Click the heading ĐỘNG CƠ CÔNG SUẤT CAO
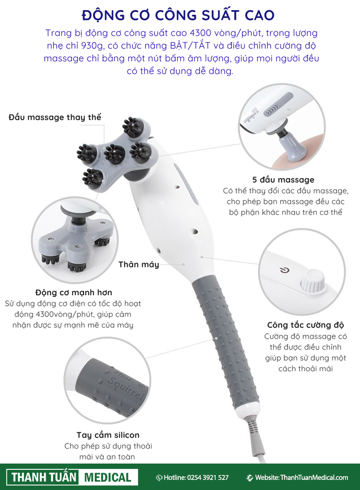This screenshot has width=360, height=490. click(178, 15)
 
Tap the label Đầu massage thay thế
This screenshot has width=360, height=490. click(55, 117)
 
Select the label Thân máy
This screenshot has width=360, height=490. click(139, 264)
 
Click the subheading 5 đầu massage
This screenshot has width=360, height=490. click(283, 180)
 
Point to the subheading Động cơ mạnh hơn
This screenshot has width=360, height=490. click(74, 292)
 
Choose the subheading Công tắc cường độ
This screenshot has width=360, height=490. click(305, 326)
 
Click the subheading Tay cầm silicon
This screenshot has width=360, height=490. click(108, 435)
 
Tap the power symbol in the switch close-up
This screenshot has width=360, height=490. click(284, 270)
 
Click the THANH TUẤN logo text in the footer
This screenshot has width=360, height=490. click(44, 477)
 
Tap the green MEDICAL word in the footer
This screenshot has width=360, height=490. click(108, 477)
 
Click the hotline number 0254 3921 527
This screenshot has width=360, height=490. click(208, 477)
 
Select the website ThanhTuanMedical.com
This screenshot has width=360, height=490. click(314, 477)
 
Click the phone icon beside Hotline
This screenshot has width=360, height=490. click(159, 477)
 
